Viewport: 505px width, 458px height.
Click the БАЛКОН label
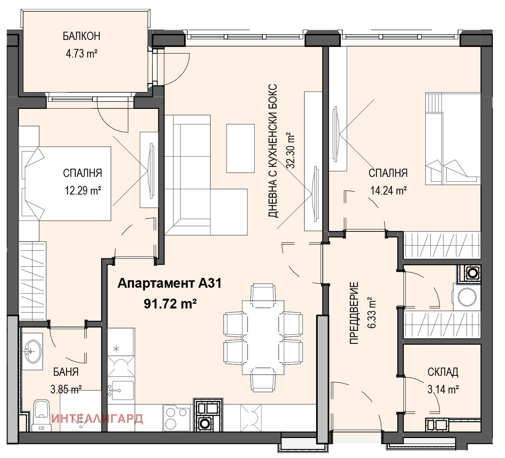click(x=81, y=36)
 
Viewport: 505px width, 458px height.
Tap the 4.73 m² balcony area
click(x=81, y=54)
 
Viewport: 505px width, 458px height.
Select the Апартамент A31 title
click(x=170, y=283)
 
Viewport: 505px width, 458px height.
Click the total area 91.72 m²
click(x=170, y=303)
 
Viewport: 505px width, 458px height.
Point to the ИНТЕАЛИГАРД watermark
click(x=97, y=419)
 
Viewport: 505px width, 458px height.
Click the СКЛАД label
click(x=443, y=372)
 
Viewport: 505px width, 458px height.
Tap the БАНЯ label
click(x=66, y=372)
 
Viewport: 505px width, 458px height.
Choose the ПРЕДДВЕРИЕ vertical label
click(x=354, y=313)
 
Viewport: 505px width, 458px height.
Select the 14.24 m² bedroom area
click(x=388, y=191)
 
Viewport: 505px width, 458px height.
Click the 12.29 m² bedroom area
click(x=83, y=191)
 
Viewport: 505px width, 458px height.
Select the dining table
click(x=263, y=338)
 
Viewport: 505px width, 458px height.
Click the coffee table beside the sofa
click(x=241, y=148)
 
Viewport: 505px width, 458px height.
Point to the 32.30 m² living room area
click(x=290, y=150)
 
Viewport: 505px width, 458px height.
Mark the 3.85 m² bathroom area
click(x=66, y=389)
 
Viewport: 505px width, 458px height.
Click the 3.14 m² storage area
click(x=443, y=389)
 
